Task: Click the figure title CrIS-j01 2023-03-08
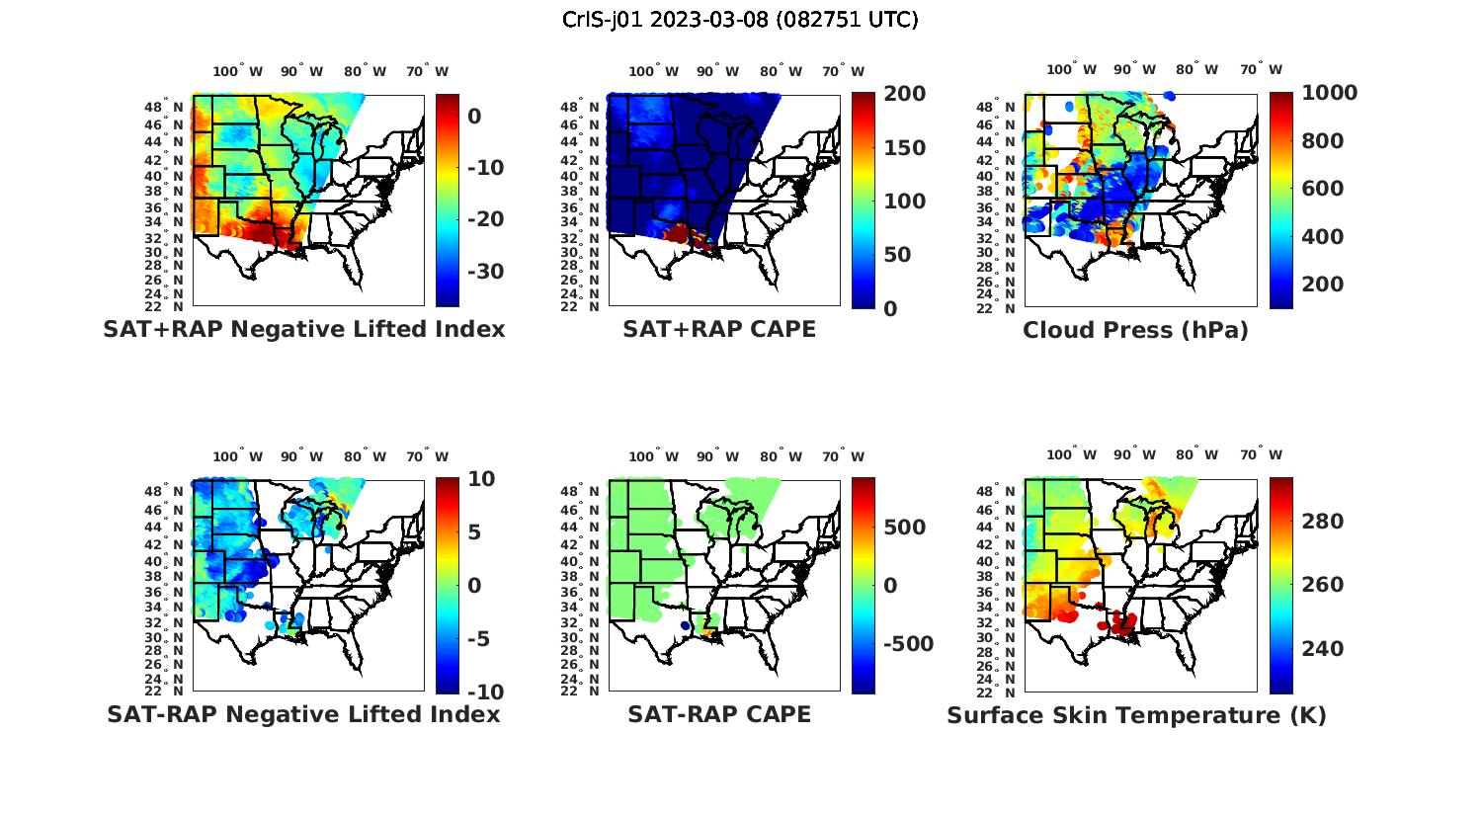click(x=740, y=20)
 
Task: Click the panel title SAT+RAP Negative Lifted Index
click(x=304, y=330)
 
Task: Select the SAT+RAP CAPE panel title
click(x=719, y=330)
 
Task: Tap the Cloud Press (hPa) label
click(x=1135, y=330)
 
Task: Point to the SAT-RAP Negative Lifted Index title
click(x=304, y=714)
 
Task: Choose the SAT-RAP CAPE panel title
click(x=719, y=714)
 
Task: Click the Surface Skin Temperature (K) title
click(x=1136, y=715)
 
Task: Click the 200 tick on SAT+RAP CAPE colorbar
click(x=903, y=94)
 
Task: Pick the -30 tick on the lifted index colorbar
click(x=485, y=272)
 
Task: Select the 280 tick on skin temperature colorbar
click(x=1323, y=522)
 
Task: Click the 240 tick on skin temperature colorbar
click(x=1323, y=649)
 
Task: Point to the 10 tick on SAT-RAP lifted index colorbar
click(x=481, y=479)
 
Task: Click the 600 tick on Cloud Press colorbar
click(x=1323, y=189)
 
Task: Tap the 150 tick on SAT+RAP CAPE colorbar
click(x=903, y=148)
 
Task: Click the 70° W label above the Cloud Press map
click(x=1261, y=70)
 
